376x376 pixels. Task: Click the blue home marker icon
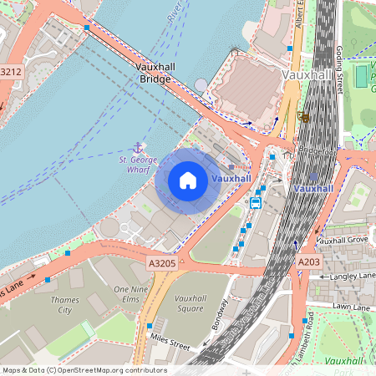pos(188,180)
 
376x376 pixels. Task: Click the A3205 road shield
pos(162,263)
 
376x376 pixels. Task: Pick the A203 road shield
pos(308,262)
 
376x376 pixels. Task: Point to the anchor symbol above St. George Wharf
pos(139,147)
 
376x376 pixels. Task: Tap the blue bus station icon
pos(256,201)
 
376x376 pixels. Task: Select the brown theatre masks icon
pos(302,116)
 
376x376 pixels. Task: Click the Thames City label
pos(64,304)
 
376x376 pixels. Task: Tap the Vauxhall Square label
pos(191,303)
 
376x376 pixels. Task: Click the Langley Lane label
pos(353,275)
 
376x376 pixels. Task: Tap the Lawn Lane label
pos(352,307)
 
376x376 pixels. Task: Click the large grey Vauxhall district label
pos(307,74)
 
